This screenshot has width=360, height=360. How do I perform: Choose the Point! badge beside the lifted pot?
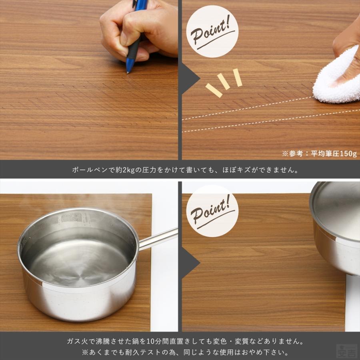212,211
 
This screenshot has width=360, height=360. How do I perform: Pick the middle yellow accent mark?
224,82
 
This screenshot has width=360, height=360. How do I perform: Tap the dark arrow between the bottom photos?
191,262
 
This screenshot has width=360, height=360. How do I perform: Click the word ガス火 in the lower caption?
76,342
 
